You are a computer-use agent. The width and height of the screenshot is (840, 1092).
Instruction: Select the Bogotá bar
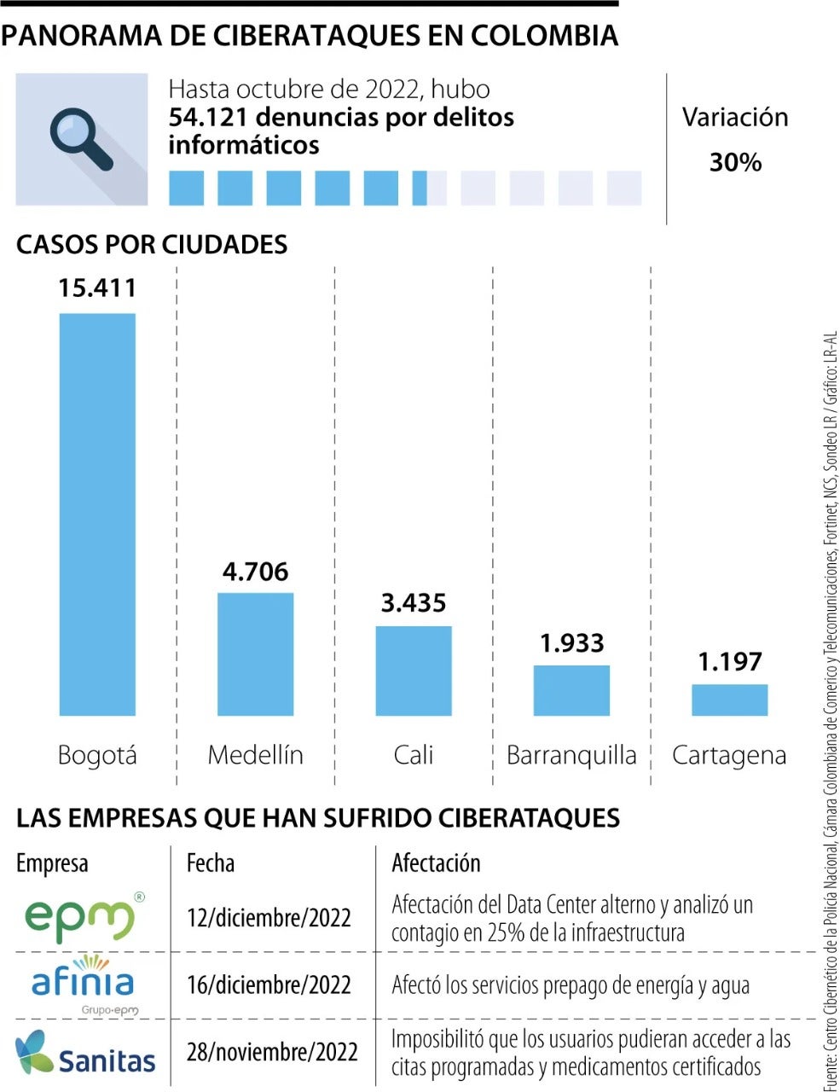97,514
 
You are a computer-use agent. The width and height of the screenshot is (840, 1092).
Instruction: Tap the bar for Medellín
255,653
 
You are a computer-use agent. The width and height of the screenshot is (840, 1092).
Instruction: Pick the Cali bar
414,671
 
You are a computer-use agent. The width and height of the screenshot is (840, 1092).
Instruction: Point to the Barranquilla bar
571,690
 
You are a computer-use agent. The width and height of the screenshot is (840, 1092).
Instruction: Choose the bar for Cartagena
729,700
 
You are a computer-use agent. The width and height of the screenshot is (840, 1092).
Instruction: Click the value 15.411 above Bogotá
97,288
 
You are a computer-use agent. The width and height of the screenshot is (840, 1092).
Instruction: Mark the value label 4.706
255,571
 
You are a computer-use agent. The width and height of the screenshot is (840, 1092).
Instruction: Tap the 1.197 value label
729,661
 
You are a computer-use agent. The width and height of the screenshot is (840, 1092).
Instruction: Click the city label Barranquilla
571,755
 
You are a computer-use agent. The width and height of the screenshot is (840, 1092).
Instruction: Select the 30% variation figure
735,162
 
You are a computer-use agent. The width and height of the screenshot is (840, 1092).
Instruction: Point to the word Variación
735,118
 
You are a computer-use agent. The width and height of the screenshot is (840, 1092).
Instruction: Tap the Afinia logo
84,983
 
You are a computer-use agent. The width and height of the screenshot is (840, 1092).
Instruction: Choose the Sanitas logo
85,1053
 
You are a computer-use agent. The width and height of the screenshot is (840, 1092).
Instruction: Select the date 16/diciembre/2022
269,985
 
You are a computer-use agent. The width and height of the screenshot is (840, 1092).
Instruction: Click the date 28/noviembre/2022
272,1051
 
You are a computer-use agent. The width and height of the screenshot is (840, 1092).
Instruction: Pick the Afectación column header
436,863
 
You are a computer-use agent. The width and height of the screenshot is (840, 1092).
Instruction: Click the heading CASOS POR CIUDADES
152,245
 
